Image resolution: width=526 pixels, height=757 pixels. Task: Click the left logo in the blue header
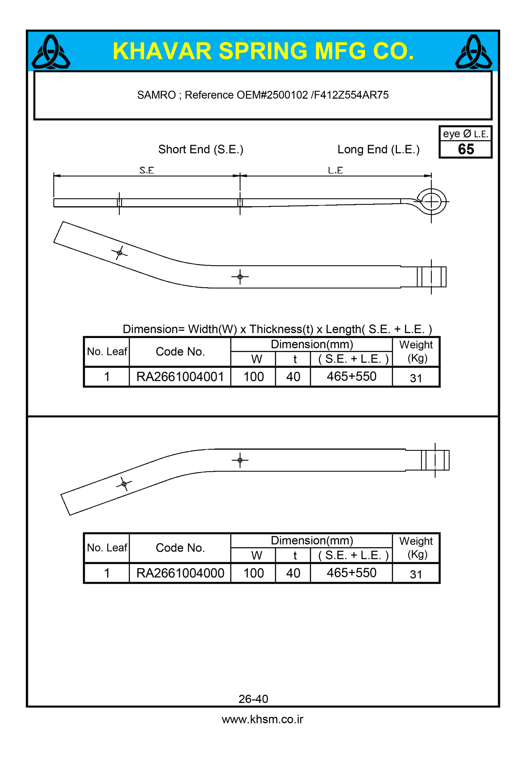(51, 52)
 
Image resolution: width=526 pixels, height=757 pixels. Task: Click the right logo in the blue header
(473, 52)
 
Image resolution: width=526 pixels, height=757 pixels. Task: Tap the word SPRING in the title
(263, 51)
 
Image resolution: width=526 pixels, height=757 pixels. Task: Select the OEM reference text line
(263, 95)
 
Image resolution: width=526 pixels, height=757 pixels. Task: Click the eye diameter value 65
(466, 150)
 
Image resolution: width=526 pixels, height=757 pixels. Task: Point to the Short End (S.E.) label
(201, 150)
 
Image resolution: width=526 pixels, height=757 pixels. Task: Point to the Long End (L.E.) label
(378, 150)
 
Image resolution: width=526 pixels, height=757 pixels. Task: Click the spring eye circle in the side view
(431, 201)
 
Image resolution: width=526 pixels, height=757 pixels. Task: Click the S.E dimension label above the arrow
(147, 170)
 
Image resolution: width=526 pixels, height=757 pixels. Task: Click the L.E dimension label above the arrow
(336, 170)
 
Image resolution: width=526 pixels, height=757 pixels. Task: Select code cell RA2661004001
(180, 377)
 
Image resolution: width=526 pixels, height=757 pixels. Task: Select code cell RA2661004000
(180, 573)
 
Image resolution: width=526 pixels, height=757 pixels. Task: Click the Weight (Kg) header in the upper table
(416, 351)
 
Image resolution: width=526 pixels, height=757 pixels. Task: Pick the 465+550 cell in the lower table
(351, 573)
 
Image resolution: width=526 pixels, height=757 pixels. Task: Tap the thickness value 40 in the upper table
(293, 377)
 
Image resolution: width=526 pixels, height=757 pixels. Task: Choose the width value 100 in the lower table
(253, 573)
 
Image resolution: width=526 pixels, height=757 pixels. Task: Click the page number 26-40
(253, 699)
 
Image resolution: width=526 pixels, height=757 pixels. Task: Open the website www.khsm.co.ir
(262, 719)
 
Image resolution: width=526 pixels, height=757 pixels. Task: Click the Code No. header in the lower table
(180, 548)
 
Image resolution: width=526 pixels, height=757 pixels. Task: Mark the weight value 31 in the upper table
(416, 378)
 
